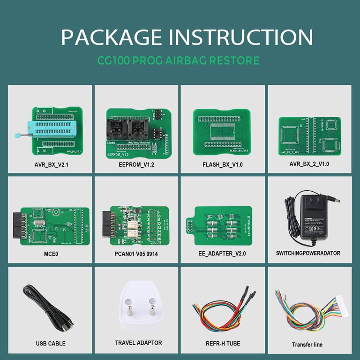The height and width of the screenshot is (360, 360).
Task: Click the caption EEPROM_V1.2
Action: click(136, 165)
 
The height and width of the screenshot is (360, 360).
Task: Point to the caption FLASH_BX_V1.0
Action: click(223, 165)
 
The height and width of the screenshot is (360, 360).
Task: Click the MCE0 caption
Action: click(50, 253)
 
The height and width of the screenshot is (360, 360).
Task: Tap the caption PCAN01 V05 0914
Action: click(136, 253)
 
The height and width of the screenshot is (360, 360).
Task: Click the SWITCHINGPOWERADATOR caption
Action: click(308, 253)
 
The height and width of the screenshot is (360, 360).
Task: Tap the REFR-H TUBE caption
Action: click(223, 344)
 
